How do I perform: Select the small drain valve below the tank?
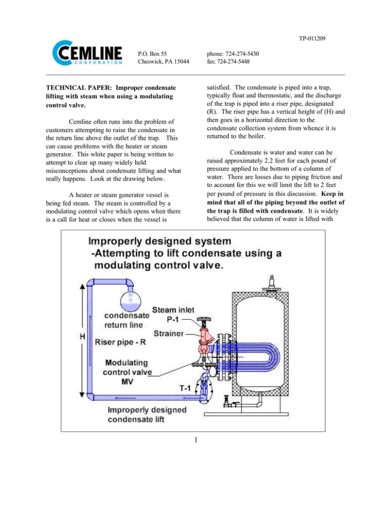click(x=231, y=404)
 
